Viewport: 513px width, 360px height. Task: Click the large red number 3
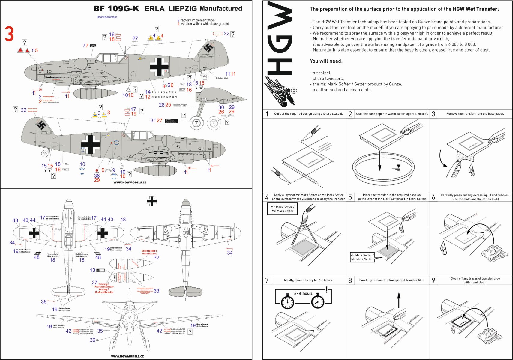pos(9,34)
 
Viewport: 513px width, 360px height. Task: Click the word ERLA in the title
pos(154,9)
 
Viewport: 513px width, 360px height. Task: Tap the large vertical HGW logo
pos(280,39)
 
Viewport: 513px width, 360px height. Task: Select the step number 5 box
pos(350,197)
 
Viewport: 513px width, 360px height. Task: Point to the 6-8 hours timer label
pos(303,293)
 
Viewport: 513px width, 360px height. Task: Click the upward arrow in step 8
pos(399,299)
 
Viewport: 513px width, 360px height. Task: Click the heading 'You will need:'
pos(326,61)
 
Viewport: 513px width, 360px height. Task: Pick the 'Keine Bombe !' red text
pos(149,251)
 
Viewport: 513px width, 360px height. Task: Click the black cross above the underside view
pos(152,201)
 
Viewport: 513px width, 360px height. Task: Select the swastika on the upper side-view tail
pos(208,47)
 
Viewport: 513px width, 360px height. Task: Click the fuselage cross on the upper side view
pos(159,67)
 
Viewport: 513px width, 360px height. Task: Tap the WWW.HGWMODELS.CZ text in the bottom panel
pos(127,356)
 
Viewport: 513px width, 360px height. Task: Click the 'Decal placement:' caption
pos(107,17)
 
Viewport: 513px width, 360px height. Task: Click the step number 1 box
pos(267,114)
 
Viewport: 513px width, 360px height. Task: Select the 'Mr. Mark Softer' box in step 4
pos(282,209)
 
